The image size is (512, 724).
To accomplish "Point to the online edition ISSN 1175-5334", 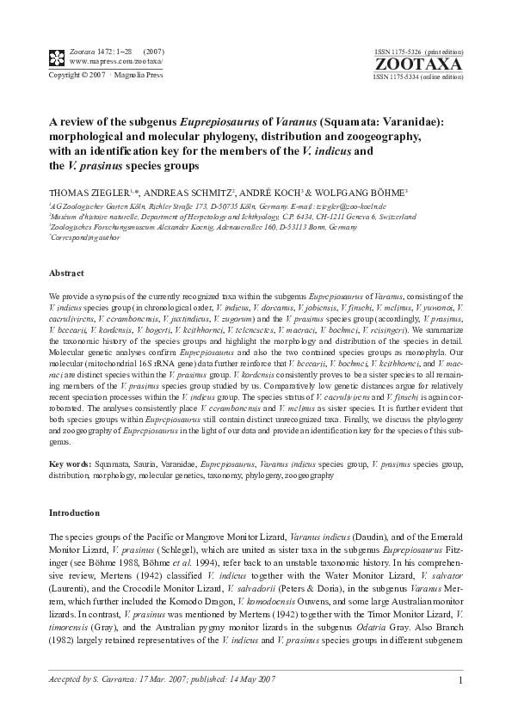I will pos(417,77).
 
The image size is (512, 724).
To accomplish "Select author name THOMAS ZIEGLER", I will pos(83,193).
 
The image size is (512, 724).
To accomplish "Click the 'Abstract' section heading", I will pos(67,273).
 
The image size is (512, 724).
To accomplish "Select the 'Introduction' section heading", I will pos(74,513).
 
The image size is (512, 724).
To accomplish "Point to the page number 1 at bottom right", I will pos(461,681).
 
